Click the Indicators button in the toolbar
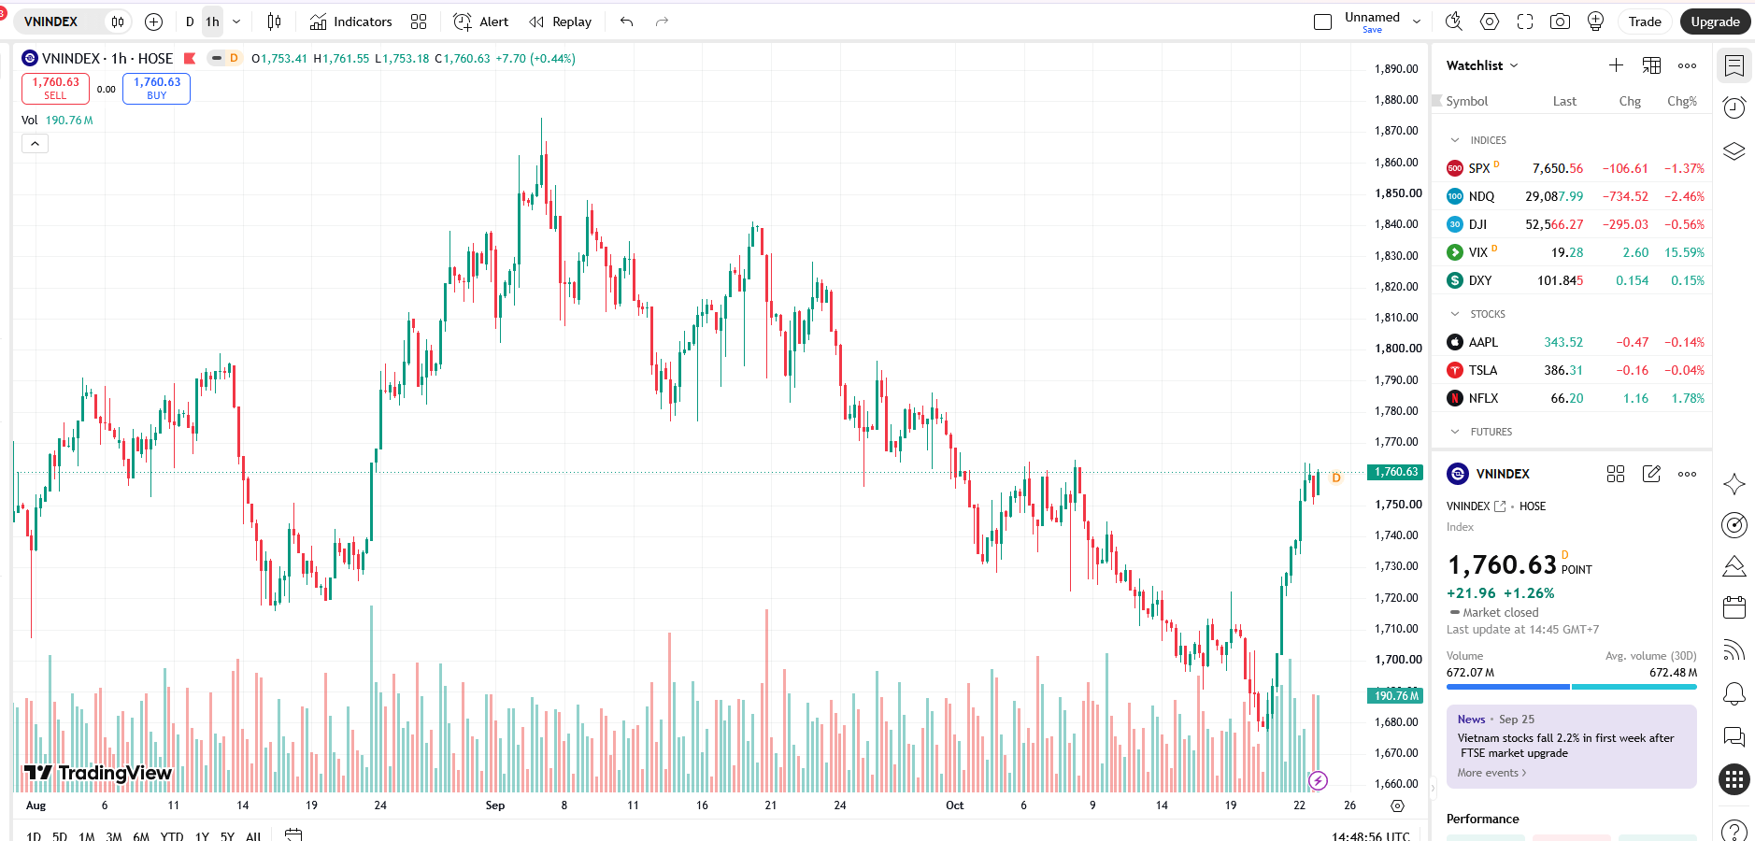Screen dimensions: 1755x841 pos(350,21)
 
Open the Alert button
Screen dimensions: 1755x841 pos(480,21)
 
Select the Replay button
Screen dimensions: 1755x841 pos(560,21)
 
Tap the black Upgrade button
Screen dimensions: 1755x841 pos(1715,21)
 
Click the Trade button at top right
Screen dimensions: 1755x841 pos(1645,21)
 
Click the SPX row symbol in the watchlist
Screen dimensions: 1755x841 pos(1479,169)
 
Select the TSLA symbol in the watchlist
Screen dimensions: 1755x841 pos(1483,371)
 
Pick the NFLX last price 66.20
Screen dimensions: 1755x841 pos(1567,399)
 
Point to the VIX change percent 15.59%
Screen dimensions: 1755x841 pos(1684,253)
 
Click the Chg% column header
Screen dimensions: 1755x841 pos(1682,102)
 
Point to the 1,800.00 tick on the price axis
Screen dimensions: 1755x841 pos(1398,349)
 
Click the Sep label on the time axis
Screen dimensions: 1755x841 pos(495,805)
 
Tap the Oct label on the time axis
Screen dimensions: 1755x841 pos(954,805)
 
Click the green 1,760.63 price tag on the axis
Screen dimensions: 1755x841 pos(1396,473)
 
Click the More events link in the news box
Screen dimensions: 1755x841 pos(1491,773)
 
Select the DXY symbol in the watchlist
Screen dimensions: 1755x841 pos(1480,281)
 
